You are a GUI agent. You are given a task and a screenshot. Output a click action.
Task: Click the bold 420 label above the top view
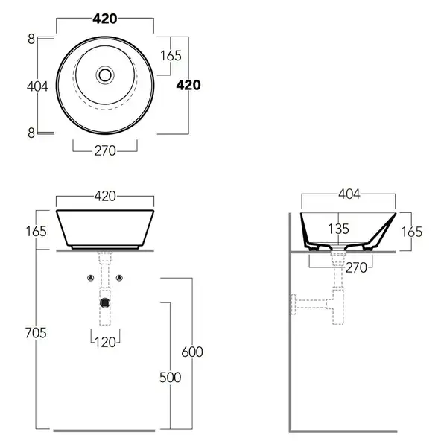(x=105, y=19)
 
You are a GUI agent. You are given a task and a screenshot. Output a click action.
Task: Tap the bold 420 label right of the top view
(x=188, y=85)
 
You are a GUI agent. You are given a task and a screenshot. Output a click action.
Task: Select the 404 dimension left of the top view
(x=37, y=86)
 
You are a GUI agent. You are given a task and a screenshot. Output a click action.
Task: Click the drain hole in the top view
(x=105, y=75)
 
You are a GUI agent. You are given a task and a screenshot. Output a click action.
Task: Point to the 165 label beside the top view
(x=171, y=56)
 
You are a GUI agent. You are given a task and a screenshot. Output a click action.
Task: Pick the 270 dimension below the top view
(x=105, y=150)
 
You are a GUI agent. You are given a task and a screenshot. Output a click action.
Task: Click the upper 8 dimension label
(x=31, y=39)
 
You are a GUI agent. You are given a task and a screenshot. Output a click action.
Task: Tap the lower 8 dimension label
(x=31, y=133)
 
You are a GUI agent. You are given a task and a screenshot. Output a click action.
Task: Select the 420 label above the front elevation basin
(x=105, y=197)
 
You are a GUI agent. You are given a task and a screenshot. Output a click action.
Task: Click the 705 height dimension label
(x=36, y=333)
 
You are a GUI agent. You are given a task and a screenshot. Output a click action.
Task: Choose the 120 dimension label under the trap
(x=105, y=342)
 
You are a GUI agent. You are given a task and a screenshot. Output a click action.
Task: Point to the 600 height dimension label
(x=192, y=352)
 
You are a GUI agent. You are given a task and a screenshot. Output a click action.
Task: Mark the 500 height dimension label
(x=170, y=378)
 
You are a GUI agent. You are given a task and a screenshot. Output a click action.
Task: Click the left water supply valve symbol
(x=91, y=278)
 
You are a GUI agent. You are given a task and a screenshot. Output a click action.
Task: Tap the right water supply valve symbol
(x=119, y=278)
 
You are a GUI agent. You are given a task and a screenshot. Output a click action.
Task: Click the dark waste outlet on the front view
(x=105, y=302)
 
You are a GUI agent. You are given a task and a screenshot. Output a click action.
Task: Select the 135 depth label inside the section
(x=338, y=229)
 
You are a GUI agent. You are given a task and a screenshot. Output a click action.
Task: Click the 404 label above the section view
(x=349, y=194)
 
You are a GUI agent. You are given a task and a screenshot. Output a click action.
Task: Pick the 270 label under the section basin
(x=356, y=267)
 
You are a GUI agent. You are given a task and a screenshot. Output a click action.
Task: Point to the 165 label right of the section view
(x=412, y=232)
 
